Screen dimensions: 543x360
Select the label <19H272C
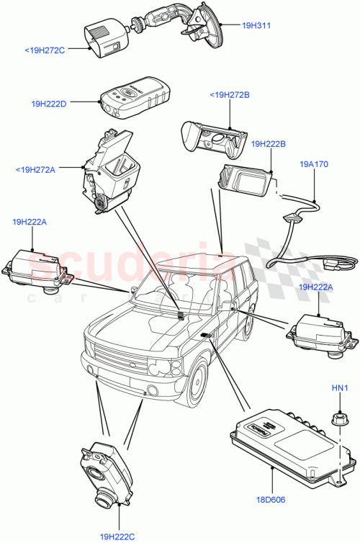click(45, 50)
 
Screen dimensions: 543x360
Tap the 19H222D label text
click(49, 104)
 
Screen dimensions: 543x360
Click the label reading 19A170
click(314, 164)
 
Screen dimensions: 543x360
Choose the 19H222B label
click(269, 144)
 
